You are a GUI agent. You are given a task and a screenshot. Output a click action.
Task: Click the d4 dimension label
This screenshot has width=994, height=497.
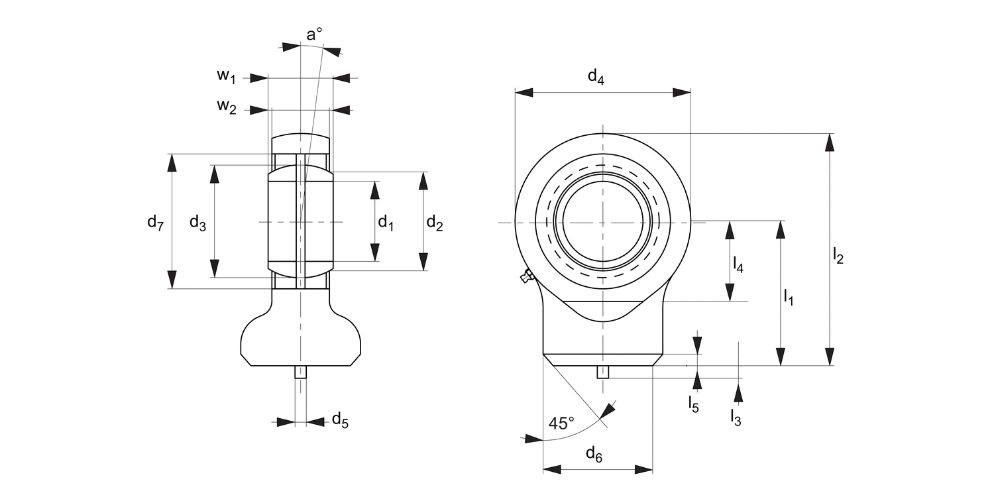596,78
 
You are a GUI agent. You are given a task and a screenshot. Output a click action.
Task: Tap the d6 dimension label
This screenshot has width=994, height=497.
594,455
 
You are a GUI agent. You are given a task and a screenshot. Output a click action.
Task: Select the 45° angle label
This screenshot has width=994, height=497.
561,423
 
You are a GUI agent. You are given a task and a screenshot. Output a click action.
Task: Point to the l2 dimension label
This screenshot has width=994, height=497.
838,255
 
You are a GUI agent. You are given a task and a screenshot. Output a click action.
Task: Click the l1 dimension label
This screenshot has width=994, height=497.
789,297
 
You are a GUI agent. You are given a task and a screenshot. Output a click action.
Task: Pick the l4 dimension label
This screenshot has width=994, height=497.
738,265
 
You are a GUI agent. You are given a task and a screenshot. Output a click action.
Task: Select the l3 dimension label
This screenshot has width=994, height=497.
736,416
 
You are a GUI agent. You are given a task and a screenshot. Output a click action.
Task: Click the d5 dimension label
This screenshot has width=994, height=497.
339,419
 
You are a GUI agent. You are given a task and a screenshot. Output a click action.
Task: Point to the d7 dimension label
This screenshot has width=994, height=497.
155,222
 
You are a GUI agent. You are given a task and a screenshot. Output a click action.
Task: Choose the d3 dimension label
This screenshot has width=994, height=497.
197,223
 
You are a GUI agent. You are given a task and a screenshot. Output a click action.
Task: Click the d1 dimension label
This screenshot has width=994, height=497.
386,223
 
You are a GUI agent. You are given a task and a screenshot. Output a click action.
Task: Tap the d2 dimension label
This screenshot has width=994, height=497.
435,223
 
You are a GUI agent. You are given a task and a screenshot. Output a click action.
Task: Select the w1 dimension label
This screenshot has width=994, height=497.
226,76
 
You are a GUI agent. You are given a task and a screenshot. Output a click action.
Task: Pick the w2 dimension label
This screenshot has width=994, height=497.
226,107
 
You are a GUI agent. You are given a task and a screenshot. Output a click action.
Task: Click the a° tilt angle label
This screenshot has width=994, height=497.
314,34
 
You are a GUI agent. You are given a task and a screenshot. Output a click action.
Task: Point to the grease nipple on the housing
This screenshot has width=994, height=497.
527,276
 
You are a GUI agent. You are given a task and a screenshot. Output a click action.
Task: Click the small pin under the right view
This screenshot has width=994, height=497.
602,372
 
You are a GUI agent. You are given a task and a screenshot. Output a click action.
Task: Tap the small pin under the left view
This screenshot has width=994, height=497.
301,372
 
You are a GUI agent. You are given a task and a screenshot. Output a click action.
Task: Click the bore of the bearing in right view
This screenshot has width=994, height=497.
602,222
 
